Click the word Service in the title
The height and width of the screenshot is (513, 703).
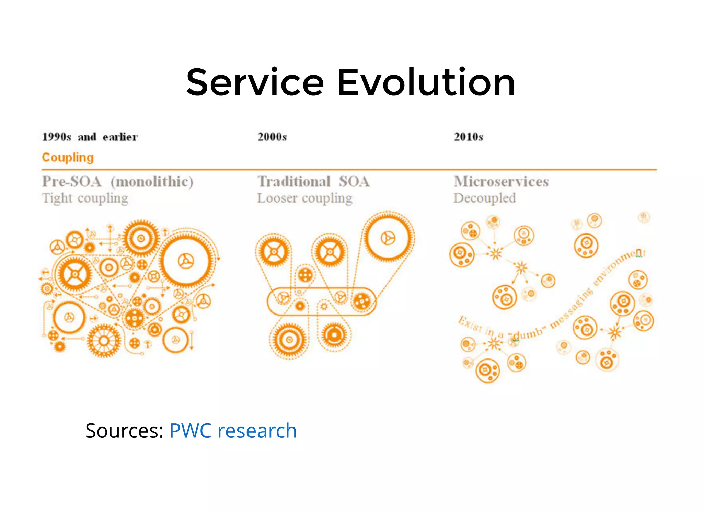coord(255,83)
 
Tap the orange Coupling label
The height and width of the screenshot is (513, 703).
coord(68,158)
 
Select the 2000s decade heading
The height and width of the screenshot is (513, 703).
coord(272,137)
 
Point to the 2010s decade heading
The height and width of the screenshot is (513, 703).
coord(469,137)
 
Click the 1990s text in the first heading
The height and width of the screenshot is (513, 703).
coord(57,137)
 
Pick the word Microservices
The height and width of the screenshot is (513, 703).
coord(501,182)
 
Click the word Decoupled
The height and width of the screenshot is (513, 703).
coord(484,198)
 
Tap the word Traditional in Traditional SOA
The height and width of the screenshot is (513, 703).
coord(294,182)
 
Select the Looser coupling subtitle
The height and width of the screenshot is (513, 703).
coord(305,198)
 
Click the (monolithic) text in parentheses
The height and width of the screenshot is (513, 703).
coord(152,182)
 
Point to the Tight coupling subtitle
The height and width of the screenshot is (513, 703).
coord(85,198)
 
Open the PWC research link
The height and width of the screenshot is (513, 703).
coord(233,431)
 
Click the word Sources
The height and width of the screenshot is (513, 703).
coord(124,431)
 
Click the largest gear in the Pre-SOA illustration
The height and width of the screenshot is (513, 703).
coord(186,261)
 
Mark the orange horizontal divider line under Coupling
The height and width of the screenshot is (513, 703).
coord(349,170)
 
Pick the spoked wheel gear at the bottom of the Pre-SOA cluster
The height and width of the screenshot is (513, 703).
coord(104,341)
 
